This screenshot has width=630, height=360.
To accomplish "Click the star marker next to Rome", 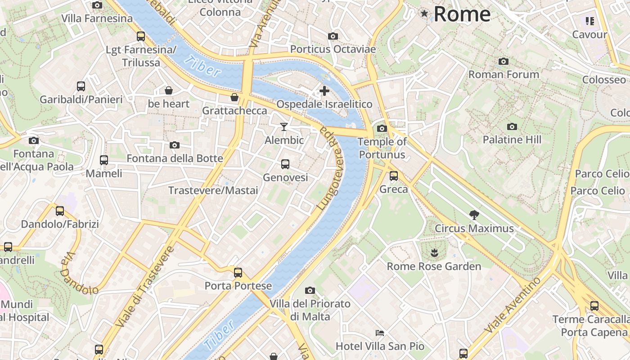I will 424,13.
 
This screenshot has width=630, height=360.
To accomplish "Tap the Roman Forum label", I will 504,74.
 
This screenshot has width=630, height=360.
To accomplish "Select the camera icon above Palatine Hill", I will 512,126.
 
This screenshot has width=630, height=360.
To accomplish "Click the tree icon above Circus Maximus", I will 474,215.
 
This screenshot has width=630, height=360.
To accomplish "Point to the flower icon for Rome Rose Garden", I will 434,252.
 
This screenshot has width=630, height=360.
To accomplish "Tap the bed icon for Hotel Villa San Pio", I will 380,333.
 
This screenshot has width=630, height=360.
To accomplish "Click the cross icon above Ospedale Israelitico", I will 324,91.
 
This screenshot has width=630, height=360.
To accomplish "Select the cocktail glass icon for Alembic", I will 284,127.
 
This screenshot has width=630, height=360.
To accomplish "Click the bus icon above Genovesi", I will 285,164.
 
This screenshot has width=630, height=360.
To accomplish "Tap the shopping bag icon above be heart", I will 169,90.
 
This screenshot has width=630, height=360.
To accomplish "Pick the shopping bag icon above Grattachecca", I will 234,97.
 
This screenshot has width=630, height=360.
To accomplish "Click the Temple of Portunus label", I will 382,148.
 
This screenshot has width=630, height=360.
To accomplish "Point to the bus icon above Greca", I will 394,176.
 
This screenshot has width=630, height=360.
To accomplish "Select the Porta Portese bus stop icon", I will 238,272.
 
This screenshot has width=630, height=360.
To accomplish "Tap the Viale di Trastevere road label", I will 144,287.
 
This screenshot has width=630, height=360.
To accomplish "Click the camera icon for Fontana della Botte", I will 175,145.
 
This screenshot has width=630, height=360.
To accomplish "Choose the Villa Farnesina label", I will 97,18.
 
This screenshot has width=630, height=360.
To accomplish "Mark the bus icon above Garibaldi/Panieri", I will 81,86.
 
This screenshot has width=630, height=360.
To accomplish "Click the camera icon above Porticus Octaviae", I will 333,36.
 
